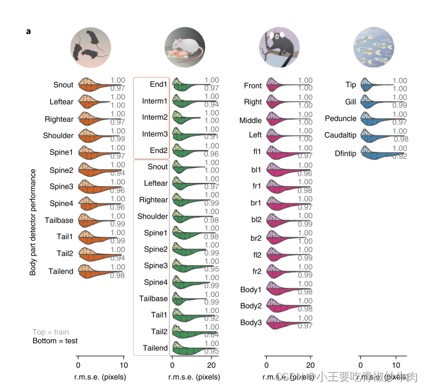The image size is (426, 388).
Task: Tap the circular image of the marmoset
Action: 279,44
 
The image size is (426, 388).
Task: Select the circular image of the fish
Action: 373,44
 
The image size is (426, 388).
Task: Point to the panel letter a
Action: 29,31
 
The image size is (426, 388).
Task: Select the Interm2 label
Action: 155,117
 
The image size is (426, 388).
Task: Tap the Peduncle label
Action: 340,118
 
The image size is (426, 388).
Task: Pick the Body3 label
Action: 251,322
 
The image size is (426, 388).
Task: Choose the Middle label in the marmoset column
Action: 250,120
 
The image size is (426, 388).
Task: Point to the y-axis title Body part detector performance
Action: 33,221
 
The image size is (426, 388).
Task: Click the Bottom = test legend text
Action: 55,341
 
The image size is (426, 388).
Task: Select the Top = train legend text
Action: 50,332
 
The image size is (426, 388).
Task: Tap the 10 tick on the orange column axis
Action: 123,365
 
